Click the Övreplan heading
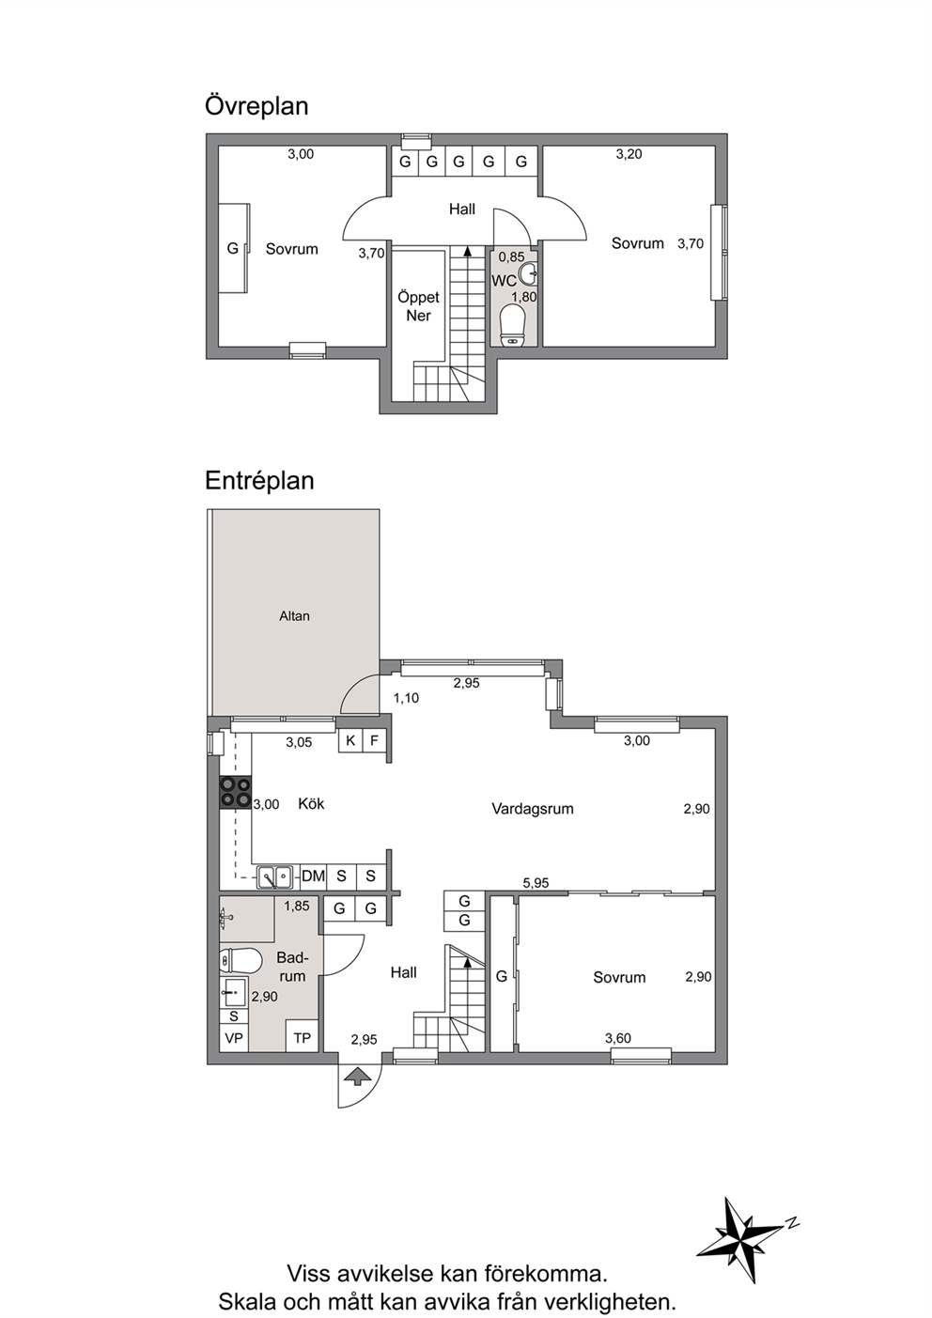click(256, 106)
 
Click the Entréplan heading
click(259, 480)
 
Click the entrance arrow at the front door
click(360, 1076)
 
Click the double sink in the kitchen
click(275, 876)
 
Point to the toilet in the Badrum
click(241, 961)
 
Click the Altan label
click(294, 616)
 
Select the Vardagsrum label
click(533, 809)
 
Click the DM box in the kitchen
click(313, 876)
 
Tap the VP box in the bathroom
click(234, 1038)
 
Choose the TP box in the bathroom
click(302, 1038)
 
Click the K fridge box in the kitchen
click(350, 741)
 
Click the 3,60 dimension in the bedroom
click(618, 1038)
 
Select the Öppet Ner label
click(418, 306)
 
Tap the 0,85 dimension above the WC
click(511, 257)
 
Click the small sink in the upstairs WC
click(530, 271)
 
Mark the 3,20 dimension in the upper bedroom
click(629, 154)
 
